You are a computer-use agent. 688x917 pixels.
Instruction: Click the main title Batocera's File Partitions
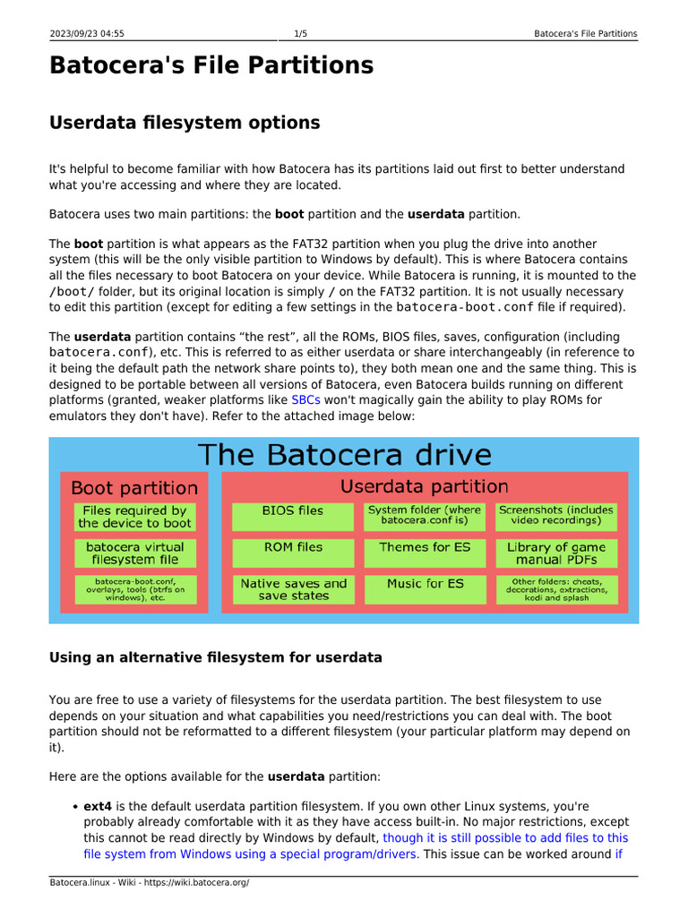tap(211, 65)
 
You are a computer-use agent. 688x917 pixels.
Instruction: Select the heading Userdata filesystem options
tap(184, 122)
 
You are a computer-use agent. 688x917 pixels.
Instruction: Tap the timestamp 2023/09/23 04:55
tap(87, 34)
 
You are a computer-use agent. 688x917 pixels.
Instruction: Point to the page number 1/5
tap(301, 34)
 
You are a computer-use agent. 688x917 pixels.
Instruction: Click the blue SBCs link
tap(305, 400)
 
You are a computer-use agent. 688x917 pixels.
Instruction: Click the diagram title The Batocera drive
tap(344, 454)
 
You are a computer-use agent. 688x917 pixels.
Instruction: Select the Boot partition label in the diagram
tap(133, 488)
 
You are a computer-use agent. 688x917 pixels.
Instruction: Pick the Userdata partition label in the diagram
tap(425, 486)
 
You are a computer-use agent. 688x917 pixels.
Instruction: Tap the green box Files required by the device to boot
tap(134, 517)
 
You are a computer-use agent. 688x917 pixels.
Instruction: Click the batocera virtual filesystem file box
tap(134, 553)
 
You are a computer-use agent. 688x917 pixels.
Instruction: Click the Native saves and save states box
tap(292, 588)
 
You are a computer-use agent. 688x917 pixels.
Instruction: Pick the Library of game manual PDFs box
tap(556, 553)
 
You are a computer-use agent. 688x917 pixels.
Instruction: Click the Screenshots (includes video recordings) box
tap(556, 516)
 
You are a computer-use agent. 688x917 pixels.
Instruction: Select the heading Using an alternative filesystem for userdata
tap(216, 657)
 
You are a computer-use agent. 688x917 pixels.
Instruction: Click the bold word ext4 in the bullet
tap(98, 806)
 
